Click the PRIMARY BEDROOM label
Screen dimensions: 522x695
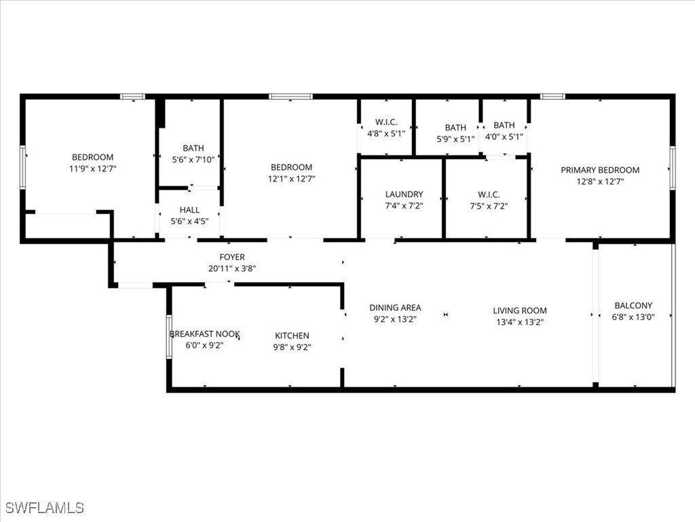(600, 170)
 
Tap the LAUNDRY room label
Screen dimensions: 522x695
(404, 194)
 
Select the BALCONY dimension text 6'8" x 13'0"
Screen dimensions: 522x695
(633, 317)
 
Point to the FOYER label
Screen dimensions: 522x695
(231, 257)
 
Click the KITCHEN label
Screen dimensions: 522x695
(292, 336)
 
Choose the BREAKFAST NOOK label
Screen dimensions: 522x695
(204, 334)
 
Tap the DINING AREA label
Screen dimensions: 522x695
(395, 308)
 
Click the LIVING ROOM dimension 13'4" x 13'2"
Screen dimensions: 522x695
(520, 322)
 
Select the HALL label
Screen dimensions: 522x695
(189, 210)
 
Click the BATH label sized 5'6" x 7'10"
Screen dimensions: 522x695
(193, 148)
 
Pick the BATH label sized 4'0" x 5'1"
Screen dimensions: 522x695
(504, 125)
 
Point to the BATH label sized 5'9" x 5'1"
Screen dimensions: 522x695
(455, 128)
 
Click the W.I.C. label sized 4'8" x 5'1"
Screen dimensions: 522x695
(386, 122)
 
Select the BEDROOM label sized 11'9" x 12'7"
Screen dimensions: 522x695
(93, 157)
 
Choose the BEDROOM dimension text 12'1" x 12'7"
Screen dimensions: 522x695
(291, 179)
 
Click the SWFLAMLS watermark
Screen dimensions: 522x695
(45, 508)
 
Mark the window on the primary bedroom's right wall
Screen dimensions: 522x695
(672, 167)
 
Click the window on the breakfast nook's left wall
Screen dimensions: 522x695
(169, 336)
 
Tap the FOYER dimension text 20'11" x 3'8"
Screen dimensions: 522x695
(231, 268)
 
